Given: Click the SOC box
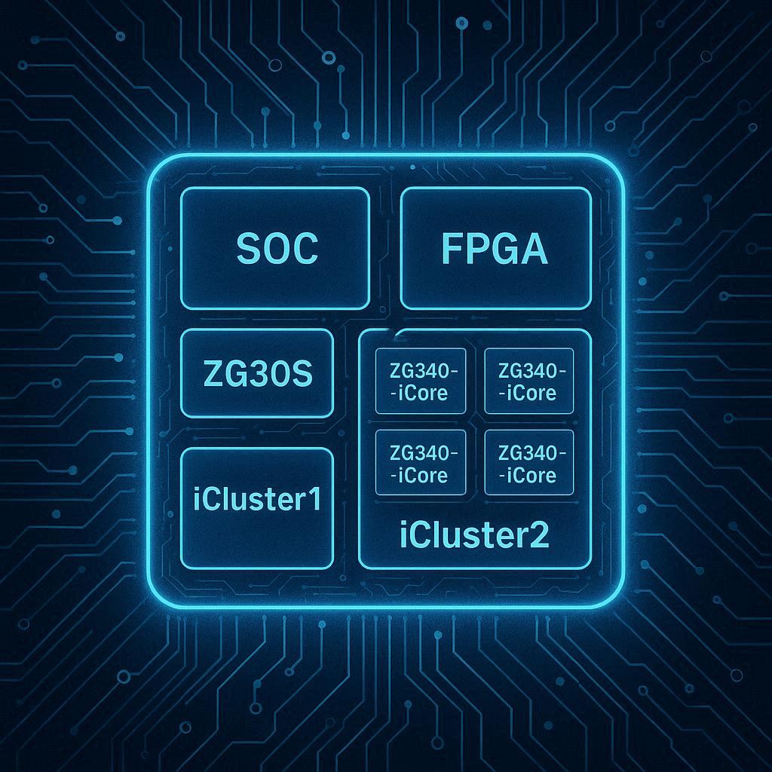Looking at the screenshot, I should [x=275, y=248].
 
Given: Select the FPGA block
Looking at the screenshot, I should [x=495, y=248].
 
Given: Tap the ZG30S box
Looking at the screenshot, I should [x=257, y=373].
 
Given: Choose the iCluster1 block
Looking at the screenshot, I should [x=257, y=507].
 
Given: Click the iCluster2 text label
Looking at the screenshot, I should [x=474, y=535].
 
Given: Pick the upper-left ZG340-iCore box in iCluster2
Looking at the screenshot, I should [x=421, y=381].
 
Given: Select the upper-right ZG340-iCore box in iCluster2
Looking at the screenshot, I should [x=528, y=381].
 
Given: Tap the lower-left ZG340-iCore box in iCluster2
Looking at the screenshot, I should [x=421, y=463].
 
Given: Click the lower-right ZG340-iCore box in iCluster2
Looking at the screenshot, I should [x=528, y=463].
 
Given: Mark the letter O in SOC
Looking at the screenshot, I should [x=276, y=249].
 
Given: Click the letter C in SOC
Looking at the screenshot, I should [x=305, y=249].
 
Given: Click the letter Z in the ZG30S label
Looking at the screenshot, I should [x=213, y=374].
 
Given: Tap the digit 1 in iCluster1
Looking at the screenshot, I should [x=313, y=499].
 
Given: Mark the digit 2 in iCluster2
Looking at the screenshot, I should [x=539, y=535].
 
